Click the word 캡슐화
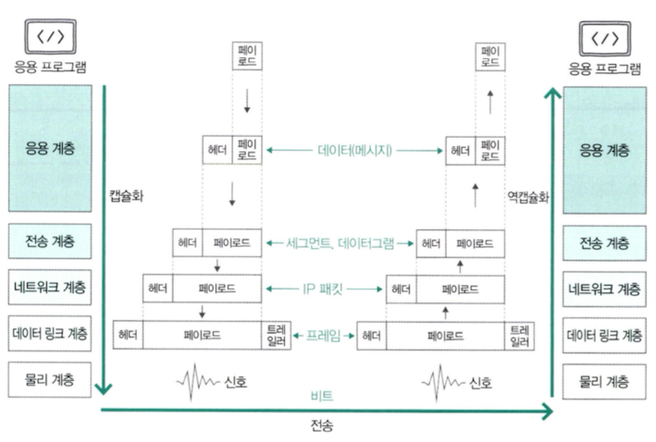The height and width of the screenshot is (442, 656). point(127,196)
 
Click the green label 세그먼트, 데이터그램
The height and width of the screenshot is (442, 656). point(341,243)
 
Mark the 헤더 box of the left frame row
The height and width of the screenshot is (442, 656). point(128,333)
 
